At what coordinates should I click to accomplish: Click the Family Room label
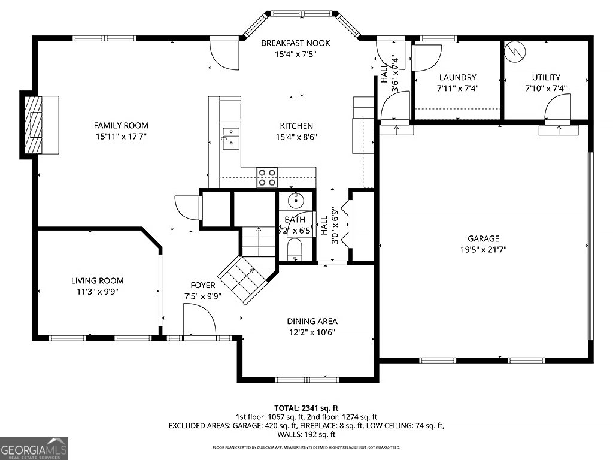[x=121, y=125]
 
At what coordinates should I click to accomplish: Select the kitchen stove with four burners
[x=268, y=177]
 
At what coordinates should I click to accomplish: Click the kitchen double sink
[x=230, y=137]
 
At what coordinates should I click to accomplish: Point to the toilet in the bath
[x=295, y=249]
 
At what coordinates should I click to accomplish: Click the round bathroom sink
[x=295, y=200]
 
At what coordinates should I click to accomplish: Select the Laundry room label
[x=457, y=77]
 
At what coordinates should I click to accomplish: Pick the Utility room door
[x=558, y=109]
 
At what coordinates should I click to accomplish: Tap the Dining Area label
[x=312, y=321]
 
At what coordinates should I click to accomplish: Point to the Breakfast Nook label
[x=295, y=43]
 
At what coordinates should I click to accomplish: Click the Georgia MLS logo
[x=34, y=449]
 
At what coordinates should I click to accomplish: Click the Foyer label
[x=203, y=285]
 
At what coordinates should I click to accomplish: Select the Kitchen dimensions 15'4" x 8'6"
[x=296, y=137]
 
